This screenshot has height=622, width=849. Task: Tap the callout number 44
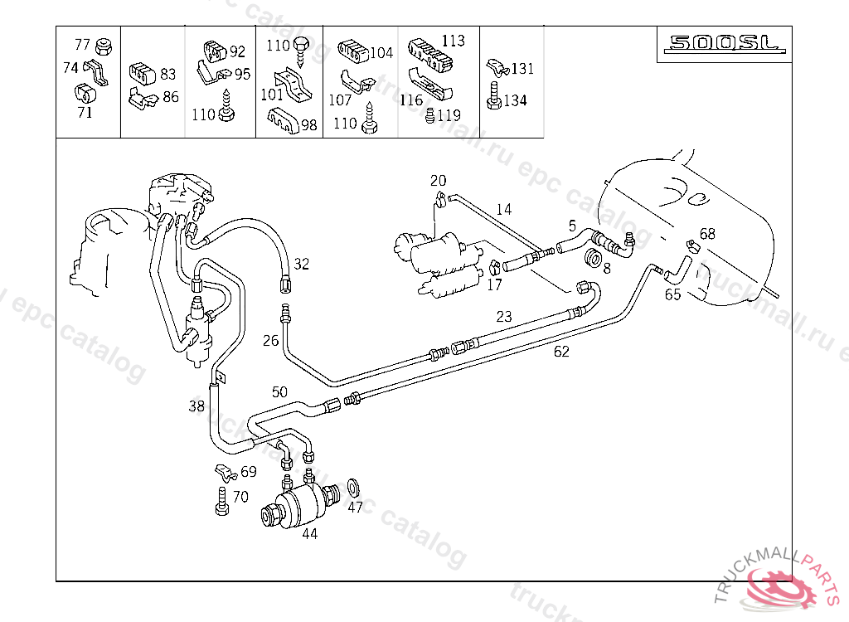click(310, 534)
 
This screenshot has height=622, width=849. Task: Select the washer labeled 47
click(354, 488)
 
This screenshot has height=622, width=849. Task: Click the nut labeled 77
click(103, 46)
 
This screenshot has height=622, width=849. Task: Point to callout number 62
click(561, 352)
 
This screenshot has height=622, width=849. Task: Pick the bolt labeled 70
click(222, 501)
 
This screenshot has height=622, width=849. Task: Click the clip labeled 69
click(226, 473)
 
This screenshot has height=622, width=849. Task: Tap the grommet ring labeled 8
click(594, 259)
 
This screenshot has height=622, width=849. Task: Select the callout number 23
click(504, 317)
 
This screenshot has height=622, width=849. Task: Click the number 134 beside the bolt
click(515, 100)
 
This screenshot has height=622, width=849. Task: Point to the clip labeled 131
click(497, 68)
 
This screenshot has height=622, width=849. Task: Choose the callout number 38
click(196, 406)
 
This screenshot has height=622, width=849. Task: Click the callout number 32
click(302, 264)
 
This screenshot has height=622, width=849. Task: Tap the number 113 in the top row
click(454, 41)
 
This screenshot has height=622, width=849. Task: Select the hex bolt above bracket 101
click(301, 51)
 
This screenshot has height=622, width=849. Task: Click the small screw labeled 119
click(430, 115)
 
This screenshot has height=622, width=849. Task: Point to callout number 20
click(438, 181)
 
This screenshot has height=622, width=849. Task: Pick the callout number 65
click(673, 294)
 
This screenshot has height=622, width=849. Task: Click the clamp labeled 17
click(494, 267)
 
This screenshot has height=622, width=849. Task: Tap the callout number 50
click(279, 391)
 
